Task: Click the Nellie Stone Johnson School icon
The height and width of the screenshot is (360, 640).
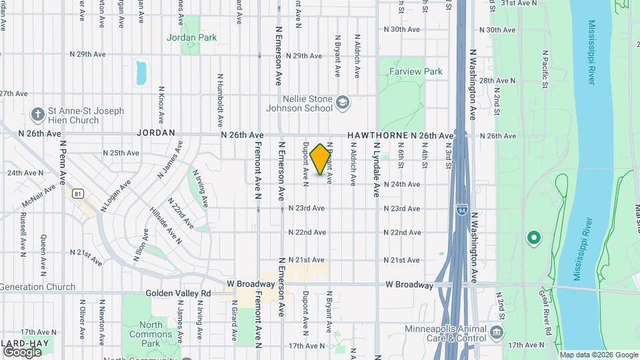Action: [343, 102]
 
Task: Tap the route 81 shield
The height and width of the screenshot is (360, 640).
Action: [79, 194]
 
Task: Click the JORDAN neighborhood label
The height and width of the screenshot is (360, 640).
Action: [155, 133]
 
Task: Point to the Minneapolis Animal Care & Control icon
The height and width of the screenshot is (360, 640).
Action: [497, 331]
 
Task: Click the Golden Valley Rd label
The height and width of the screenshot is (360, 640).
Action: [178, 293]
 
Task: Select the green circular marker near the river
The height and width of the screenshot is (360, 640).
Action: [533, 237]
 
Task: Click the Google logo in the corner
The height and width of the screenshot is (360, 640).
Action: [22, 351]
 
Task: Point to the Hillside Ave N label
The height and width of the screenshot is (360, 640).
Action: [165, 224]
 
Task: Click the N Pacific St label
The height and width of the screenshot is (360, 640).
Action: [545, 69]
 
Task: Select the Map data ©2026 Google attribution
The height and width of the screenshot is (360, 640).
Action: [599, 355]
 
